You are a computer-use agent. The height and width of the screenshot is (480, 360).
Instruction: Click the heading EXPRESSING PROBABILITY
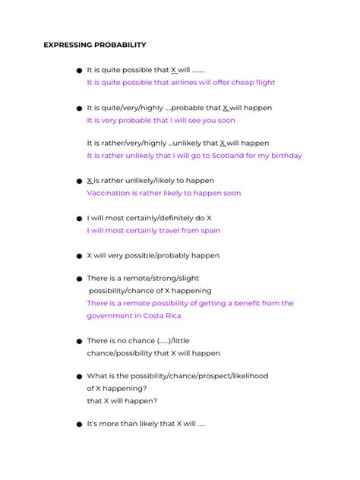95,45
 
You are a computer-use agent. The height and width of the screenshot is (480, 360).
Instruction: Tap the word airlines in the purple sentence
194,83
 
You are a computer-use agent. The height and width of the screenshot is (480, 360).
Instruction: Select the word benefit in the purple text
226,304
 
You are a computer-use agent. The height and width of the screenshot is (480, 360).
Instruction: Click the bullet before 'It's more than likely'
78,425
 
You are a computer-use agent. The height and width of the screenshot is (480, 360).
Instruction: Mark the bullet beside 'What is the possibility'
78,377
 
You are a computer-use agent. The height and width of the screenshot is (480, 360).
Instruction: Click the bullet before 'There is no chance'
78,342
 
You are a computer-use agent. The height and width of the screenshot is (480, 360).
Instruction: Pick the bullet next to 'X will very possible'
78,257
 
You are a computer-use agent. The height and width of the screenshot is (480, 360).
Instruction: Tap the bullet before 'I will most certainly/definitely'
78,219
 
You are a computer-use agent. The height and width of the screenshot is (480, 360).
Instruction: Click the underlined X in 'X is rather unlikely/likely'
90,181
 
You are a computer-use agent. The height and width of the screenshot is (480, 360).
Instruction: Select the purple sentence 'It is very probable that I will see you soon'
161,120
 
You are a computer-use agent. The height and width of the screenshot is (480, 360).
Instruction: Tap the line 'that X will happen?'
122,401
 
